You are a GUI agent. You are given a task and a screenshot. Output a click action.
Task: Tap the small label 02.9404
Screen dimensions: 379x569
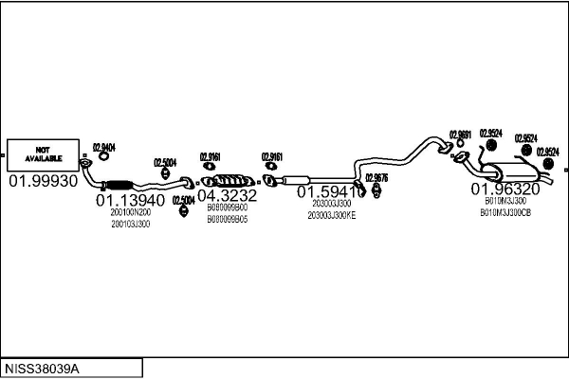[x=103, y=147]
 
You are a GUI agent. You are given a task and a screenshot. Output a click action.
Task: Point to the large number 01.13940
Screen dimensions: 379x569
[x=130, y=201]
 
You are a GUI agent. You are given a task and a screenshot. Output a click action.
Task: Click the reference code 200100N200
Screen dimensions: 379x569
[x=130, y=212]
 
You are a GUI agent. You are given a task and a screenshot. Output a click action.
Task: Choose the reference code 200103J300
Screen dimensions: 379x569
[x=130, y=224]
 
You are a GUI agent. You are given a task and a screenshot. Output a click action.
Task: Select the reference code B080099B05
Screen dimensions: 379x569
[x=227, y=218]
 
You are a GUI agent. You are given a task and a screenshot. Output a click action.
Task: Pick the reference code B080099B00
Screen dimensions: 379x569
[x=227, y=207]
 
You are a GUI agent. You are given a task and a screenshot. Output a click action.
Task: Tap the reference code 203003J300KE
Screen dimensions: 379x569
[x=331, y=215]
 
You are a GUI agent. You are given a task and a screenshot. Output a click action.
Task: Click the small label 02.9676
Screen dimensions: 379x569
[x=376, y=177]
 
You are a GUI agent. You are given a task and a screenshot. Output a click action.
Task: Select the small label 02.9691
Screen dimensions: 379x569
[x=460, y=134]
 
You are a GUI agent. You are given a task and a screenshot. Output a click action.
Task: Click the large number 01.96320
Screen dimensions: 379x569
[x=506, y=189]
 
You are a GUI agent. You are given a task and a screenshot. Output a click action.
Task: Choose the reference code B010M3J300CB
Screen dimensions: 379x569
[x=506, y=212]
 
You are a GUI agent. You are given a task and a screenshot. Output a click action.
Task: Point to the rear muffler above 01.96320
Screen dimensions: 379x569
[x=513, y=174]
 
